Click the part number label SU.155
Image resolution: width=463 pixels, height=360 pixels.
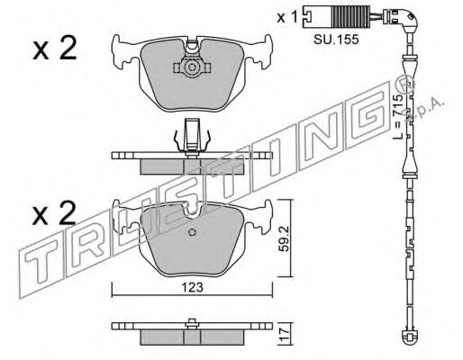coord(336,39)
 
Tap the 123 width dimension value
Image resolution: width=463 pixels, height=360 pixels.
coord(192,287)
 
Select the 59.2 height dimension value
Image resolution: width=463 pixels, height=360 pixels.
coord(285,238)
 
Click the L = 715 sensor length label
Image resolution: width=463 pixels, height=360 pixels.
coord(398,116)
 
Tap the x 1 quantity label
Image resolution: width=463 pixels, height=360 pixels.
coord(287,18)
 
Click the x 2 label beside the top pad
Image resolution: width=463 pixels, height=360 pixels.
coord(55,49)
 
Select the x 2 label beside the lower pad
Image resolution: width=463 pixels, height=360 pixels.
coord(54,213)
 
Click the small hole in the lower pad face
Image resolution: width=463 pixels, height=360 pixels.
coord(192,232)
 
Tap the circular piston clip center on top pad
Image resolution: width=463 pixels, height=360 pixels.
coord(192,67)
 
